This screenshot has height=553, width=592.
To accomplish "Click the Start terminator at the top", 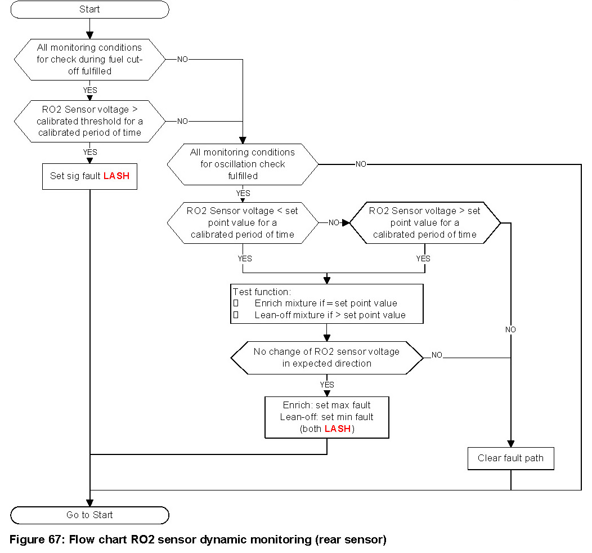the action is coord(90,10).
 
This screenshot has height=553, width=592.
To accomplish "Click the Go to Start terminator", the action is coord(90,515).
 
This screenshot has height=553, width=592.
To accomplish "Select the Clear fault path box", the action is coord(511,458).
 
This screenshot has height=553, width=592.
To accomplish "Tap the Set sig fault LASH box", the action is coord(90,176).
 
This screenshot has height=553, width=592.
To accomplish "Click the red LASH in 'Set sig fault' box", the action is coord(116,176).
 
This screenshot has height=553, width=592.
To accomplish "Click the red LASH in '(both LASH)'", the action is coord(338,429).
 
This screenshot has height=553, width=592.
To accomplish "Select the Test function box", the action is coord(327,304).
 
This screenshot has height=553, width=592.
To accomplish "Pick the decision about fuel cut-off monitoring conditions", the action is coord(90,59).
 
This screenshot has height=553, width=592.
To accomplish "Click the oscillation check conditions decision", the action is coord(243,164).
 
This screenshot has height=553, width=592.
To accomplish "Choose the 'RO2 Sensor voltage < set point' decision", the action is coord(243,223).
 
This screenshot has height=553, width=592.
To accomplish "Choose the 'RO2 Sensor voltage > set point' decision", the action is coord(425,223).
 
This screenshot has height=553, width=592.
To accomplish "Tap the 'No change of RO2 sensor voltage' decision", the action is coord(327,358).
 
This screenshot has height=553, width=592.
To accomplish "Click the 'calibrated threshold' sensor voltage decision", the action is coord(90,121).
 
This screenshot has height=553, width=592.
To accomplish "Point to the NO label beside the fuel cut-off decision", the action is coord(183,59).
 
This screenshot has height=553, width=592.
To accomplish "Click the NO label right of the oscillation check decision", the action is coord(361,164).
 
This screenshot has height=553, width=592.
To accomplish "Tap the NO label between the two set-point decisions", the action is coord(334,222).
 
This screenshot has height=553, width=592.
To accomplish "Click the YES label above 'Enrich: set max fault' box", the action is coord(327,385).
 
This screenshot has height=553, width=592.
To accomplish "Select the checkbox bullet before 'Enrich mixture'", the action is coord(236,303).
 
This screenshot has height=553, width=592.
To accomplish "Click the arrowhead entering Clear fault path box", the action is coord(511,444).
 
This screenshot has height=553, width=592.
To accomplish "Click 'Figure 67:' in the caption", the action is coord(35,539).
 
